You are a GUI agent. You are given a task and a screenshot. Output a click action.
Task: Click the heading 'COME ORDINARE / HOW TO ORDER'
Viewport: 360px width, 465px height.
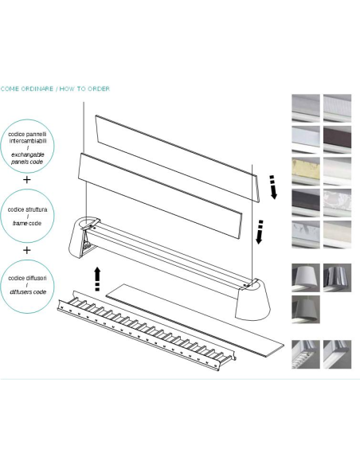tap(55, 88)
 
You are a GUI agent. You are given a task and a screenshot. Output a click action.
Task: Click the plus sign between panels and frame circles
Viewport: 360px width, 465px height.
tap(27, 180)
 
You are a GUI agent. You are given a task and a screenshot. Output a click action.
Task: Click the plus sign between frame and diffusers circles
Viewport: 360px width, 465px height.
tap(27, 250)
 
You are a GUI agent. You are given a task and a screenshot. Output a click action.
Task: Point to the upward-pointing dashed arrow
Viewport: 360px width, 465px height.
tap(97, 279)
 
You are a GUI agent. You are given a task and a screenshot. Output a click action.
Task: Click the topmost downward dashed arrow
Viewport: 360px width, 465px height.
tap(273, 187)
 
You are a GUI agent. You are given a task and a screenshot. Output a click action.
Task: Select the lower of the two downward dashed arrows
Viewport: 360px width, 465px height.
tap(260, 232)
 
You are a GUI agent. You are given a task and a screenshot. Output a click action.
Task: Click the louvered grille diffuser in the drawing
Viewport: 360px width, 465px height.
tap(147, 330)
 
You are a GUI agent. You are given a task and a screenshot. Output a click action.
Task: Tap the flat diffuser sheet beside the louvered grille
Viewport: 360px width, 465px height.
tap(195, 320)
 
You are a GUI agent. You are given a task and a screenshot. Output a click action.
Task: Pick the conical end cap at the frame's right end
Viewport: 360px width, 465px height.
tap(252, 299)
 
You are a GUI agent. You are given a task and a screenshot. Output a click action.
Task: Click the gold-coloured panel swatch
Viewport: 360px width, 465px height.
tap(306, 171)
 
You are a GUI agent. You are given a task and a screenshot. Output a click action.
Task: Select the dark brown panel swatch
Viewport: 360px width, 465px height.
tap(337, 139)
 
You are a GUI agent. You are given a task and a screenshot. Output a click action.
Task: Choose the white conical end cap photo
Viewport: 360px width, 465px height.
tap(306, 278)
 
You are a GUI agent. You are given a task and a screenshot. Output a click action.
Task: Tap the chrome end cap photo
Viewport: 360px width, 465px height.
tap(337, 278)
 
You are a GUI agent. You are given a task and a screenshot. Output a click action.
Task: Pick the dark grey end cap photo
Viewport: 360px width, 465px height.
tap(306, 309)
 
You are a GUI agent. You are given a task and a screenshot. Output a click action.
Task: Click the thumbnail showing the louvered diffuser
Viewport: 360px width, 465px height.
tap(306, 354)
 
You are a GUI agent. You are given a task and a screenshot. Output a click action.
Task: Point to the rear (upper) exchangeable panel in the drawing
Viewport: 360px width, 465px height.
tap(178, 158)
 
